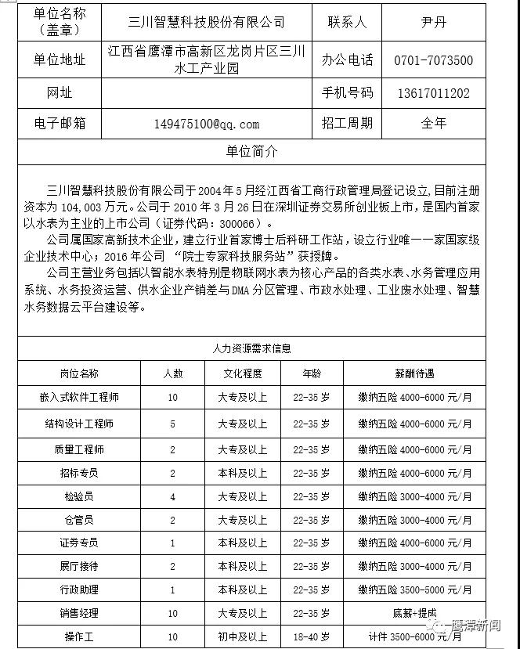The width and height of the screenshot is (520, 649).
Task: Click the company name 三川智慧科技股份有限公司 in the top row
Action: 207,22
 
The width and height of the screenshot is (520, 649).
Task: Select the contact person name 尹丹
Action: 433,22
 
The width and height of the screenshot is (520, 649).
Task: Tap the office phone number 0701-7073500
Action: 433,60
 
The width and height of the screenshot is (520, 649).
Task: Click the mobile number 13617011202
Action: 433,93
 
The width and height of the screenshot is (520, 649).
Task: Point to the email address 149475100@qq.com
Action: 207,124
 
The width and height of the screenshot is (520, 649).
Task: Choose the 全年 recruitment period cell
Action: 433,123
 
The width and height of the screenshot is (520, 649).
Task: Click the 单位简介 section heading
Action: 251,152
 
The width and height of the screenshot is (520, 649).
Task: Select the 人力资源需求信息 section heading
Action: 251,349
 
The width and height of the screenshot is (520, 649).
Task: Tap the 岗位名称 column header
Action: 79,373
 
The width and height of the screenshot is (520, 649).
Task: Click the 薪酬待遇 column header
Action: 415,373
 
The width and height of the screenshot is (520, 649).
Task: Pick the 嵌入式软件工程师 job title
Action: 79,398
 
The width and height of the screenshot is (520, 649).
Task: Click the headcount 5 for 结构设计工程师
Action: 172,424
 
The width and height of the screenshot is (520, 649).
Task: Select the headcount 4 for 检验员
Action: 172,496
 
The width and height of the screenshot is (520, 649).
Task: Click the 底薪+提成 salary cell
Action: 415,613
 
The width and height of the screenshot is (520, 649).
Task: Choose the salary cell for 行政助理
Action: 415,590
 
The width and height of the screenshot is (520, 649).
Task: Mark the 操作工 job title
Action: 79,637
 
